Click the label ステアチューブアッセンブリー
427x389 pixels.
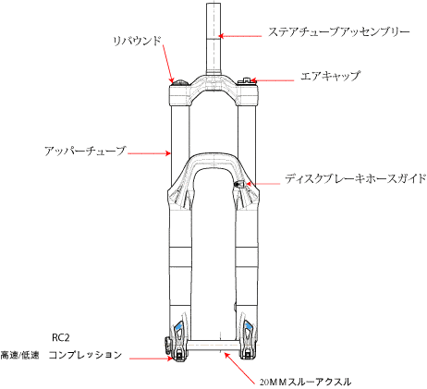(x=339, y=32)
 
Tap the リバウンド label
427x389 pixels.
(x=137, y=41)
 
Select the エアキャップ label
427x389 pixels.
(x=330, y=76)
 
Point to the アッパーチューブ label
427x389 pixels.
(x=85, y=151)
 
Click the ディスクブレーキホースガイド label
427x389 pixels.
(x=356, y=178)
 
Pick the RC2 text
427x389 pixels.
(x=61, y=338)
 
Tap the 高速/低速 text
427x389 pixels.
(x=19, y=355)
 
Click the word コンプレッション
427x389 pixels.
(x=85, y=355)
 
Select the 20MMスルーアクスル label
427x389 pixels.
(x=305, y=383)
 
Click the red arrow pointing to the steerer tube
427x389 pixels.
(x=240, y=36)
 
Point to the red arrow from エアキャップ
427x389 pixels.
(x=272, y=81)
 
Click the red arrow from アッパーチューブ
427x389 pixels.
(x=149, y=152)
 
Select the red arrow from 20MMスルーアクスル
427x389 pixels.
(x=239, y=368)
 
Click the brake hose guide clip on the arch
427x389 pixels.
(x=238, y=184)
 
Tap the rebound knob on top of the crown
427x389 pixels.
(x=180, y=82)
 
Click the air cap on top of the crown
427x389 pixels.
(x=245, y=80)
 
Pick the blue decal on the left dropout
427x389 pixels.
(x=178, y=326)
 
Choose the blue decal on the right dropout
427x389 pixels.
(x=248, y=326)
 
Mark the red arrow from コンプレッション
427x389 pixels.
(x=151, y=359)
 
